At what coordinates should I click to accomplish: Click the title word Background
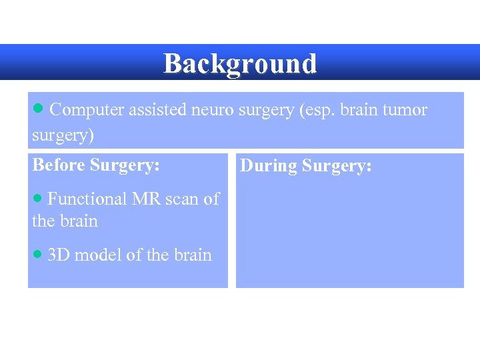pos(240,64)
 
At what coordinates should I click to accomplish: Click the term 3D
pos(59,255)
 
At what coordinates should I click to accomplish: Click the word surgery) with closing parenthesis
pos(63,135)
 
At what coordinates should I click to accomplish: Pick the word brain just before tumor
pos(361,110)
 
